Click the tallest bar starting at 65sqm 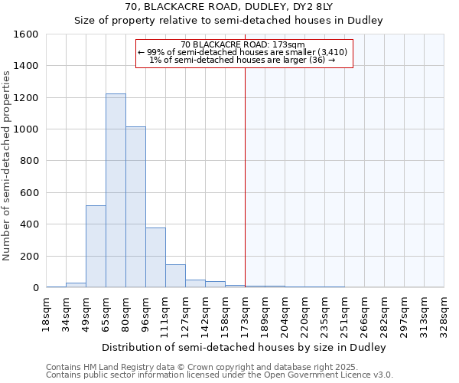point(116,191)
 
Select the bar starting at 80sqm point(135,207)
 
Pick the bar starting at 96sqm point(155,257)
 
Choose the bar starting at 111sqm point(175,276)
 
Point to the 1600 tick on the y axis point(28,34)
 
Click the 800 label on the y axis point(30,162)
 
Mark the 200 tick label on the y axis point(30,257)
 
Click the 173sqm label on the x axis point(245,314)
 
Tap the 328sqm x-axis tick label point(444,314)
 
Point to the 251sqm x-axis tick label point(344,314)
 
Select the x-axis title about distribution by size point(244,347)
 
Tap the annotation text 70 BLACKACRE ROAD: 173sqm point(244,44)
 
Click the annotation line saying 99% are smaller point(243,52)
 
